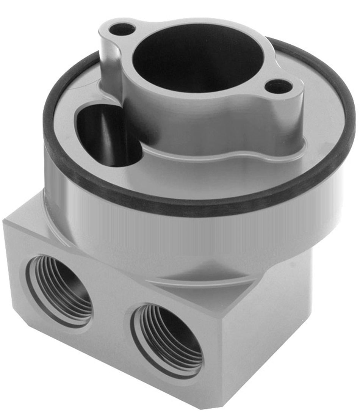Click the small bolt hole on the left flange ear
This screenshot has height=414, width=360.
click(123, 29)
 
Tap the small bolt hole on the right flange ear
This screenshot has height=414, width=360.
click(279, 87)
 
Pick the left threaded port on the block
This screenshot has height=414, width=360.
click(61, 290)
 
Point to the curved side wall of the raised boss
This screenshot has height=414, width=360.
click(212, 125)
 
